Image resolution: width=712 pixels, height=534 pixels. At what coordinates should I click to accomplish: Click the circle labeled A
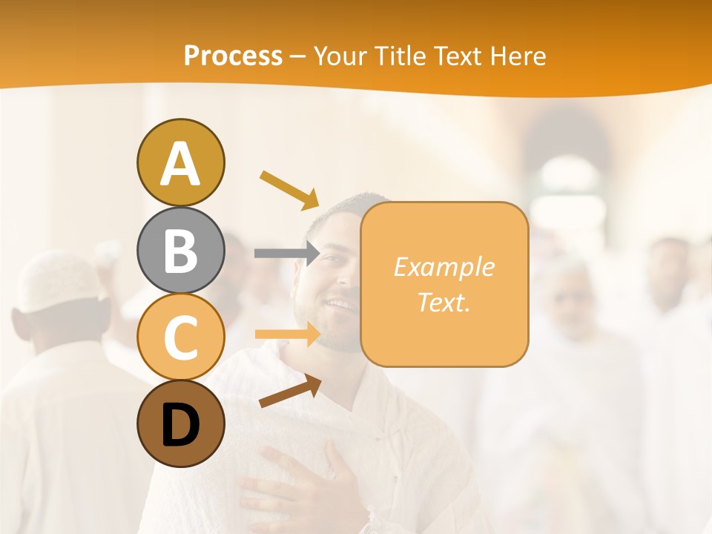[180, 162]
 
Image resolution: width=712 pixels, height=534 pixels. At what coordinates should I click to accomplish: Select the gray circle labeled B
[180, 250]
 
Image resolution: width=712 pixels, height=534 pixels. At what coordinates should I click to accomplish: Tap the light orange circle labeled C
[180, 337]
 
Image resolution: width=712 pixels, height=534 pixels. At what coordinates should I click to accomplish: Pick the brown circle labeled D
[180, 424]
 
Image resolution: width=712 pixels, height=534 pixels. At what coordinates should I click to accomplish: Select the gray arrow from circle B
[286, 253]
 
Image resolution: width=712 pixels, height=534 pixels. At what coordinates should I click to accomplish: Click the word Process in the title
[233, 56]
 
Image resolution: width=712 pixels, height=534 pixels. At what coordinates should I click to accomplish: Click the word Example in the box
[444, 267]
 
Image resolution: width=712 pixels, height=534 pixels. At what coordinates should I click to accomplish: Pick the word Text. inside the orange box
[444, 302]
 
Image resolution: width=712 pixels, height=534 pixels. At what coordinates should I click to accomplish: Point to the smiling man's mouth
[341, 304]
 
